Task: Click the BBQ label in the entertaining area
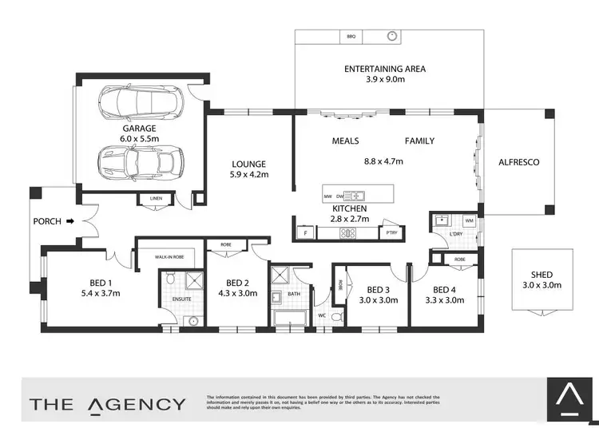(x=350, y=37)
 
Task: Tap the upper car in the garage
(x=141, y=102)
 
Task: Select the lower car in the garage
(x=140, y=163)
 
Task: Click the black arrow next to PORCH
(x=69, y=220)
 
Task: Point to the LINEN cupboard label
(x=156, y=200)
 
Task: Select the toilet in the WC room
(x=336, y=317)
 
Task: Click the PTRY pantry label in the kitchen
(x=390, y=232)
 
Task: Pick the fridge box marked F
(x=306, y=232)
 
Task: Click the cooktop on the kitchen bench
(x=349, y=233)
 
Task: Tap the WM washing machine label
(x=469, y=220)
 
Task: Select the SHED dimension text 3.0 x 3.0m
(x=542, y=284)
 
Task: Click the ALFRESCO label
(x=518, y=162)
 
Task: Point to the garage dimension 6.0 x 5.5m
(x=140, y=138)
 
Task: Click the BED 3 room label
(x=378, y=289)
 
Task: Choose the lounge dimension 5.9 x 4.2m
(x=249, y=174)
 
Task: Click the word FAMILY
(x=419, y=141)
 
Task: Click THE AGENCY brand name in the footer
(x=108, y=403)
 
